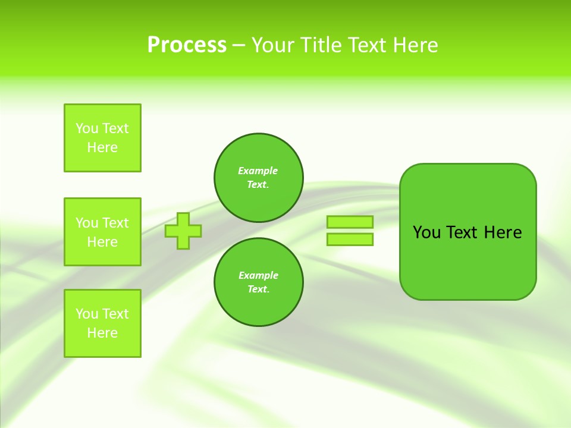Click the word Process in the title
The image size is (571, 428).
pyautogui.click(x=187, y=45)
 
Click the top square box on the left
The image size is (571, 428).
pyautogui.click(x=102, y=138)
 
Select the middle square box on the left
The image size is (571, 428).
pyautogui.click(x=102, y=232)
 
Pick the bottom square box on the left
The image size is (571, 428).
pyautogui.click(x=102, y=323)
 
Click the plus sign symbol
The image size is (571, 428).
pyautogui.click(x=183, y=231)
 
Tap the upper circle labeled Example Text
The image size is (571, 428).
pyautogui.click(x=258, y=178)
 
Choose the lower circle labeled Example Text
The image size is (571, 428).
pyautogui.click(x=258, y=282)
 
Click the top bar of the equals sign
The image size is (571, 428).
pyautogui.click(x=350, y=222)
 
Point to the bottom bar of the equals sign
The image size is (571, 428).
pyautogui.click(x=350, y=239)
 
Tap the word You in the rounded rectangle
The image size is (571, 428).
pyautogui.click(x=426, y=232)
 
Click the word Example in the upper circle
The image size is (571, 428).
pyautogui.click(x=258, y=171)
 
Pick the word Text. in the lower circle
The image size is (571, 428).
pyautogui.click(x=258, y=289)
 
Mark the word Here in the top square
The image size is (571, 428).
pyautogui.click(x=102, y=147)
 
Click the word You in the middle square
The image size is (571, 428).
pyautogui.click(x=87, y=223)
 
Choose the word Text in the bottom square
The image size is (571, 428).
pyautogui.click(x=115, y=314)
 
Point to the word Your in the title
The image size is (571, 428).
pyautogui.click(x=273, y=45)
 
